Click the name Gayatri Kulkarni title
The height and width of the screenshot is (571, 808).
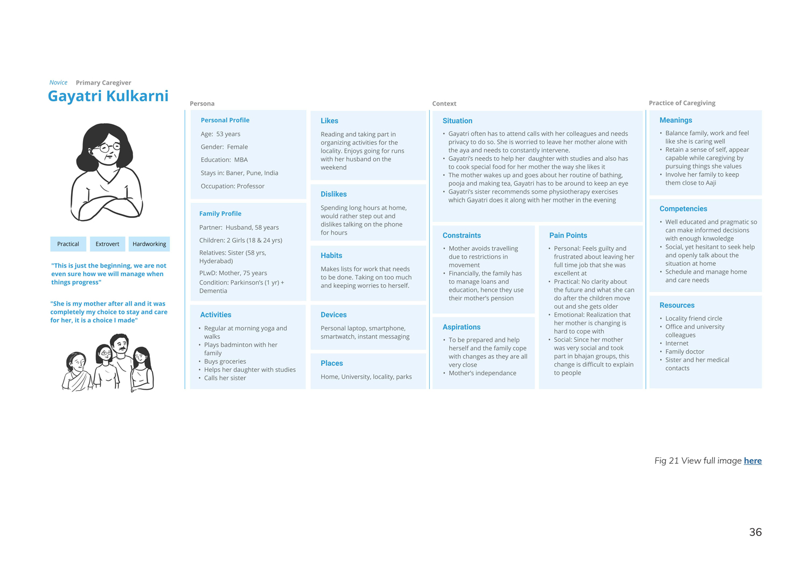point(108,96)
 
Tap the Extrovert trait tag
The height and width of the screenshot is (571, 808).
point(107,244)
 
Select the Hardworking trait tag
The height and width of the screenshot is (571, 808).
point(149,244)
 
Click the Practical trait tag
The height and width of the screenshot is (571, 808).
point(68,244)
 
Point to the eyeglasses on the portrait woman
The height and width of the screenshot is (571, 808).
point(110,147)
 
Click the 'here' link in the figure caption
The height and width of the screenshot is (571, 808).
point(753,461)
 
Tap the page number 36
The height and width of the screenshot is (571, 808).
point(755,532)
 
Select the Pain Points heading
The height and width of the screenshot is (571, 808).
point(568,235)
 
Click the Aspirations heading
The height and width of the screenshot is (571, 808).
point(461,327)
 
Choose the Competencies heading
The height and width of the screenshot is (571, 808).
point(683,209)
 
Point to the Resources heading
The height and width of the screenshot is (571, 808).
point(677,305)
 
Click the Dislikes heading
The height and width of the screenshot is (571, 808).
point(333,194)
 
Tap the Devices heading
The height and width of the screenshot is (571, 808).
point(333,315)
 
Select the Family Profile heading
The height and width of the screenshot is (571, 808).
point(220,214)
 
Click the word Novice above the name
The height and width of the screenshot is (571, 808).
point(58,82)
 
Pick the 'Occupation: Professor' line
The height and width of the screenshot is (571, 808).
point(232,186)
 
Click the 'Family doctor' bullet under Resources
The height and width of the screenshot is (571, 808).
point(684,351)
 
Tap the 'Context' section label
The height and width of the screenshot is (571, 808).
point(444,103)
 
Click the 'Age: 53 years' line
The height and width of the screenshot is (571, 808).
point(220,134)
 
